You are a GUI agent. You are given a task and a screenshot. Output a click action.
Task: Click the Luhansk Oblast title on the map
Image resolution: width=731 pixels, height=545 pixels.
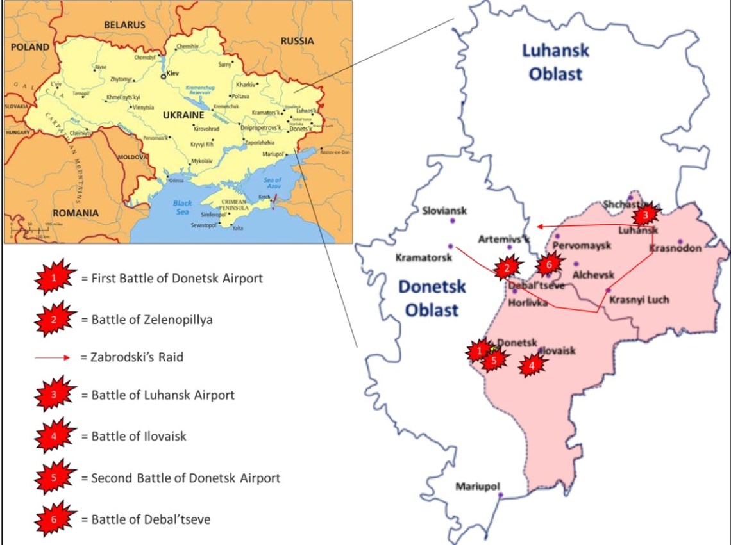555,62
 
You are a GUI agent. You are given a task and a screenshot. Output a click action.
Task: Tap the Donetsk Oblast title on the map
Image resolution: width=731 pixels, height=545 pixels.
430,298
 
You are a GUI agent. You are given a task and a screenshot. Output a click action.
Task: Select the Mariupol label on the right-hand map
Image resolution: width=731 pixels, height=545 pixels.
477,487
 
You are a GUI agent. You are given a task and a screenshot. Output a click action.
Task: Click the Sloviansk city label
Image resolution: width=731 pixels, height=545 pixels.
445,211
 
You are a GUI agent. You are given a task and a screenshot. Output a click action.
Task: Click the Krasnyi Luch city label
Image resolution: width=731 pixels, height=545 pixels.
639,300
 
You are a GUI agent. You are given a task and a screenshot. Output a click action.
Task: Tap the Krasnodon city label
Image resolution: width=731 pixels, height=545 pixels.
675,248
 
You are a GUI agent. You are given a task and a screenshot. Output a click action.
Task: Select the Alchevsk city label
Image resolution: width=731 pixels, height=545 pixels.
593,275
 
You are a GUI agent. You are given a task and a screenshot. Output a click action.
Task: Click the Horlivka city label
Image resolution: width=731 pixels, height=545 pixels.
528,303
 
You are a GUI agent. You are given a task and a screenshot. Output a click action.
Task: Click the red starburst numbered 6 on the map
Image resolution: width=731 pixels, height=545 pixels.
548,263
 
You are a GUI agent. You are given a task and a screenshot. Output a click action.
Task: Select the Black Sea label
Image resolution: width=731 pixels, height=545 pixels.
182,207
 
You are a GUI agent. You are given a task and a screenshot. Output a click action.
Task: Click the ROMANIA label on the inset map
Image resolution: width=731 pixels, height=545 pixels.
76,213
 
